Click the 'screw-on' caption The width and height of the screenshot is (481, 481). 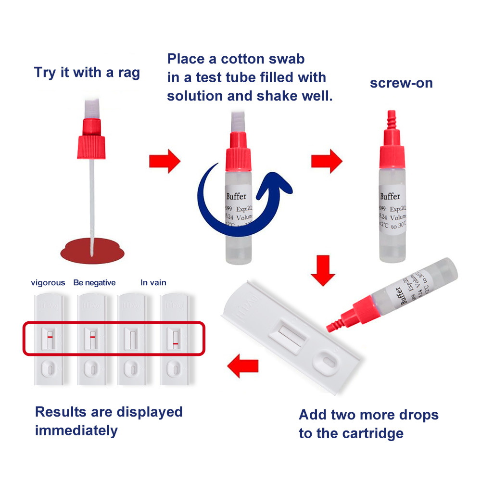point(401,83)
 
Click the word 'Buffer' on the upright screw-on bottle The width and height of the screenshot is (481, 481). point(390,196)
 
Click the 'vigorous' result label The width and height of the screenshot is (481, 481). point(48,283)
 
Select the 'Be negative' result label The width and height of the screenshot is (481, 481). point(94,283)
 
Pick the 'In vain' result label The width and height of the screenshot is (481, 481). point(153,283)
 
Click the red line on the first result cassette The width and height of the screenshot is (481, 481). point(50,337)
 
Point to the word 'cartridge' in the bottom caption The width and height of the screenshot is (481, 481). point(373,433)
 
